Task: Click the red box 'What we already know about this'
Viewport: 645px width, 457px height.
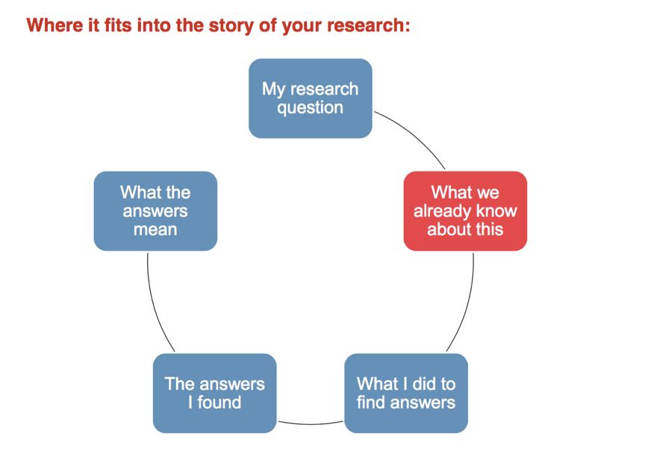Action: (x=465, y=211)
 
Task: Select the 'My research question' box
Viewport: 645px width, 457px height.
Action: (x=310, y=99)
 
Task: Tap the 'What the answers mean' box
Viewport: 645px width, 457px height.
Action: (x=155, y=211)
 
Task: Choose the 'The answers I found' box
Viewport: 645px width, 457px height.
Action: (x=214, y=394)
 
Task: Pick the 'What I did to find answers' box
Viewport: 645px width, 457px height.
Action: (x=405, y=394)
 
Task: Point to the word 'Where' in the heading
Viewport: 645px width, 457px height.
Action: (x=50, y=25)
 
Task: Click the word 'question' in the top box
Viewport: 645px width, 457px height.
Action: (x=310, y=108)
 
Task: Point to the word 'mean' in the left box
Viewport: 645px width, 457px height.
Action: (x=155, y=230)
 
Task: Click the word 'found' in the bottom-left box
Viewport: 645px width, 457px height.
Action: (x=221, y=403)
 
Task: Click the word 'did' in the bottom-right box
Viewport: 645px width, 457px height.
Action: (x=424, y=384)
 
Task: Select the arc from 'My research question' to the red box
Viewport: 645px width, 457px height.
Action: (x=415, y=134)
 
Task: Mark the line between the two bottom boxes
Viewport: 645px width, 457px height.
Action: (x=310, y=423)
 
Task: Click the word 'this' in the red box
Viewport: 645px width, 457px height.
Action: (x=486, y=230)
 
